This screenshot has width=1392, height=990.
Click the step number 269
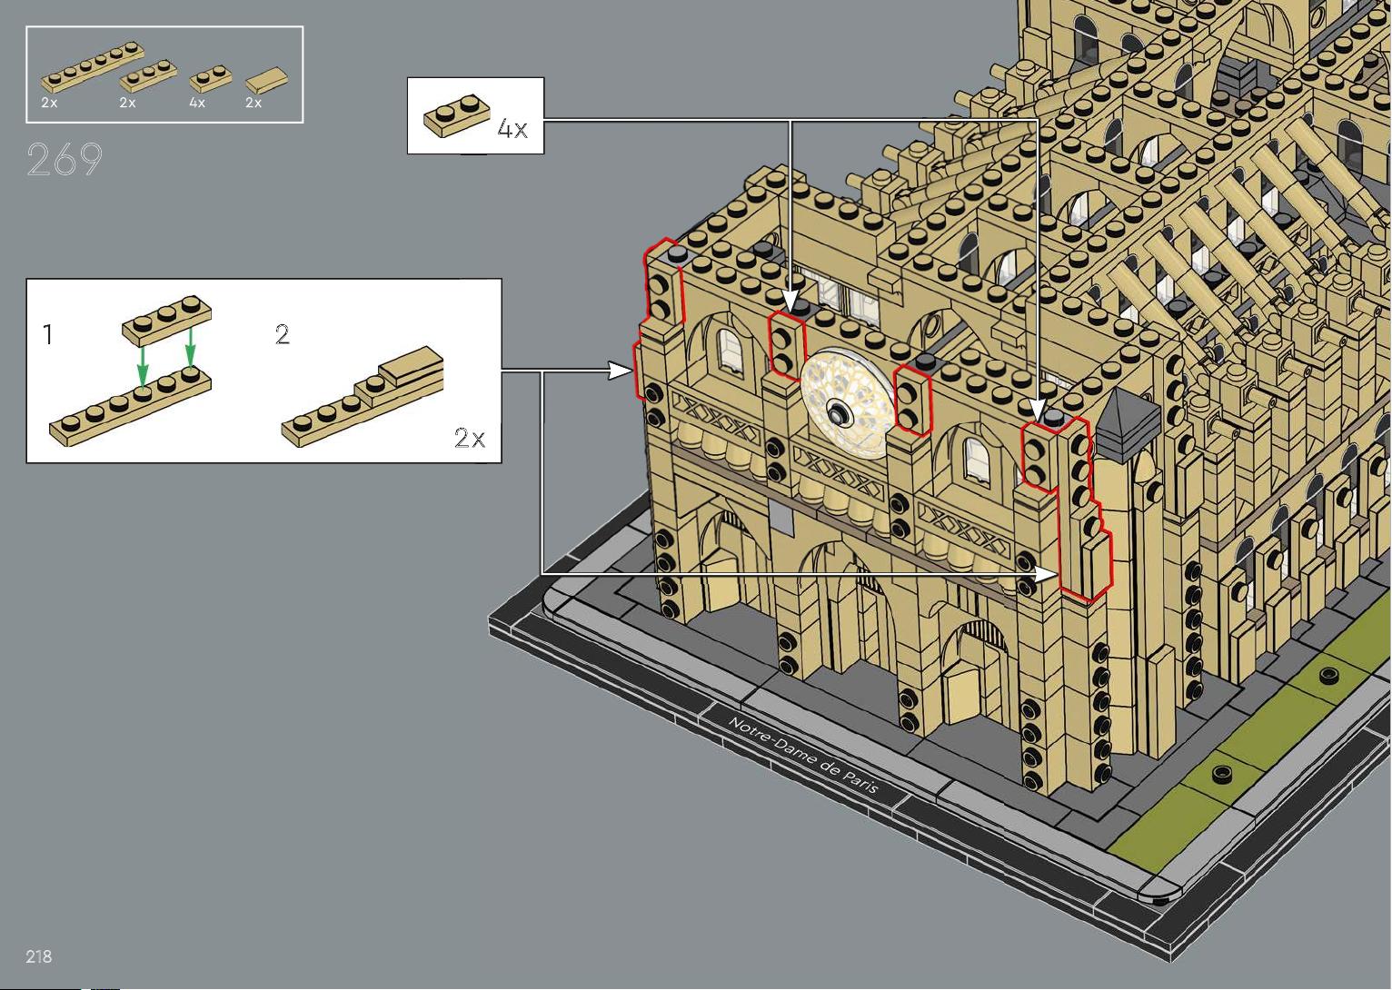[x=64, y=160]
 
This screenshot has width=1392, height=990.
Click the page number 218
[x=39, y=956]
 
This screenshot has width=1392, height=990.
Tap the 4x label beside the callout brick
[x=512, y=129]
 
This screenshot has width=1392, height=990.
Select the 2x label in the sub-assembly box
[x=470, y=439]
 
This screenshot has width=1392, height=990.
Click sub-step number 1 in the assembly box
[x=48, y=335]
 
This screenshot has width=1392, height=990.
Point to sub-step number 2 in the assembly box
[x=283, y=335]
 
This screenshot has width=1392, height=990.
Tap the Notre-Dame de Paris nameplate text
[x=803, y=754]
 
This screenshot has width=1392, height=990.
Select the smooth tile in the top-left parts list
[x=266, y=80]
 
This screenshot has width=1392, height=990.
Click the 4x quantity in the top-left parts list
[x=197, y=104]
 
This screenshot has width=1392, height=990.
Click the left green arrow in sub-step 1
[x=142, y=369]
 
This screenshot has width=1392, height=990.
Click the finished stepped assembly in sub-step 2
[x=363, y=400]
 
